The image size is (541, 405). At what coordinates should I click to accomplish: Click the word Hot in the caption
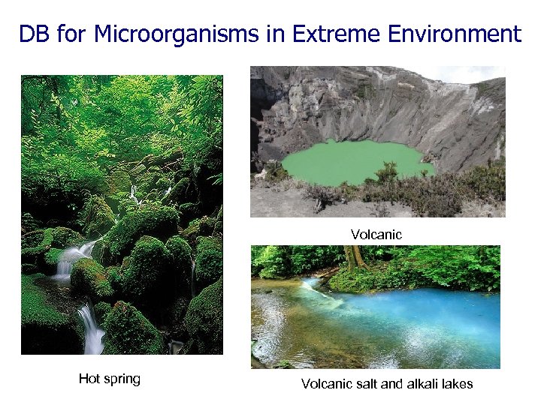pyautogui.click(x=89, y=379)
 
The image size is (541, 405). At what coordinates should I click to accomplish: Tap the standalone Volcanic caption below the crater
pyautogui.click(x=376, y=235)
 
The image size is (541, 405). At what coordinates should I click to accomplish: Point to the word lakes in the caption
pyautogui.click(x=458, y=384)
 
